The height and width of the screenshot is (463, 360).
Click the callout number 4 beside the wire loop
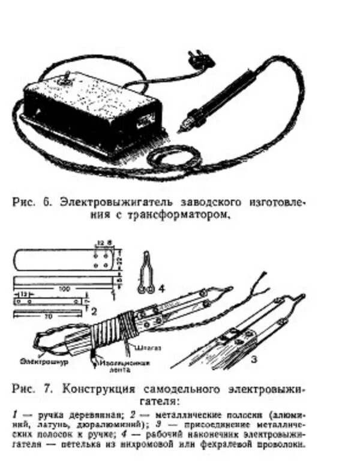(x=160, y=288)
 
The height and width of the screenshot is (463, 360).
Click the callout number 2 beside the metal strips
(x=94, y=311)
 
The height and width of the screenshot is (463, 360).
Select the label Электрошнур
(x=37, y=362)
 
